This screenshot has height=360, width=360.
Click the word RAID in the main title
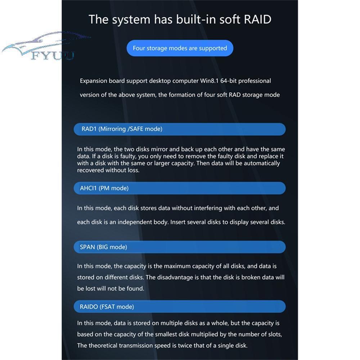(x=257, y=19)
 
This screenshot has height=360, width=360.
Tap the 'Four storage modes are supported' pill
(x=180, y=48)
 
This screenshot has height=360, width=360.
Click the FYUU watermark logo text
(x=53, y=55)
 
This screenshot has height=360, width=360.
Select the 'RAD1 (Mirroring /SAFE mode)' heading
(x=122, y=129)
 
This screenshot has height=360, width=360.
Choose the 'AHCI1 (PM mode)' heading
(x=104, y=188)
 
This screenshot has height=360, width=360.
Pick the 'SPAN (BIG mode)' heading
(x=103, y=247)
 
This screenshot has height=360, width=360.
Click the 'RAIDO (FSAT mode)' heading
(x=107, y=307)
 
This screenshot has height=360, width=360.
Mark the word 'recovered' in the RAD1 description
(x=90, y=170)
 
